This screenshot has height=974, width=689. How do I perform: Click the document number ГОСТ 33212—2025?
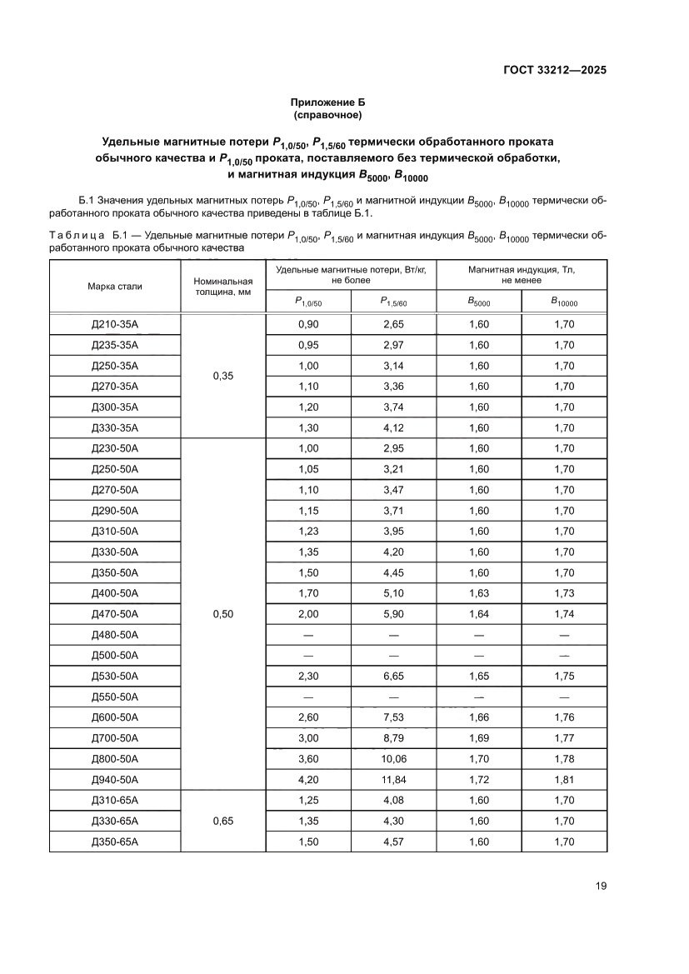554,70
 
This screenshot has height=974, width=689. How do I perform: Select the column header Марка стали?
115,287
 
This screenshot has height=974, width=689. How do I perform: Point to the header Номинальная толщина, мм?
222,287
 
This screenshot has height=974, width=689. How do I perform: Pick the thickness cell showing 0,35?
222,376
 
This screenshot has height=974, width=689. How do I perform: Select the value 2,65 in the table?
393,324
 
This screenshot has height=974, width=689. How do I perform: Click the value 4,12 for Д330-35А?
393,427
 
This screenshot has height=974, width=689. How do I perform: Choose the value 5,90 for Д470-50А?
393,614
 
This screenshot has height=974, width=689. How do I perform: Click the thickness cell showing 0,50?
222,614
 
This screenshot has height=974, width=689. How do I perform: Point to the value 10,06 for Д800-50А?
393,759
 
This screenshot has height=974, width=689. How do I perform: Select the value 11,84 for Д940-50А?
393,780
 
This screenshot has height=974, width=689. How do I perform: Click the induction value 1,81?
564,780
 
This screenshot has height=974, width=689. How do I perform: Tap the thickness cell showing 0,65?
222,821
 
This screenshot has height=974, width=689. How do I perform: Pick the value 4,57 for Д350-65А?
393,842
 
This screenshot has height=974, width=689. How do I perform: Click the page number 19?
601,886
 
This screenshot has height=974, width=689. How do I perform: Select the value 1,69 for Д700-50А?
479,738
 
